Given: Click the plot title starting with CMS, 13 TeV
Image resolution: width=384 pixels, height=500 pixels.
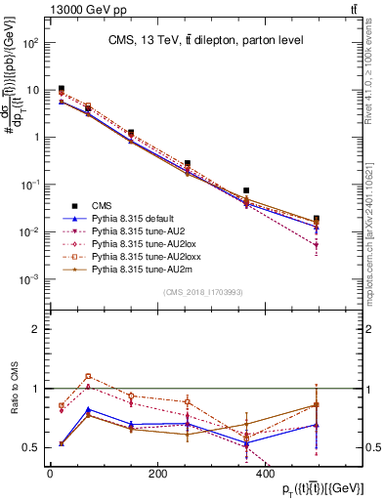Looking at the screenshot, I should click(x=204, y=40).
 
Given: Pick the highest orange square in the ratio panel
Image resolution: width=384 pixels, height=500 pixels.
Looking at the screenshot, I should click(x=88, y=375).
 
